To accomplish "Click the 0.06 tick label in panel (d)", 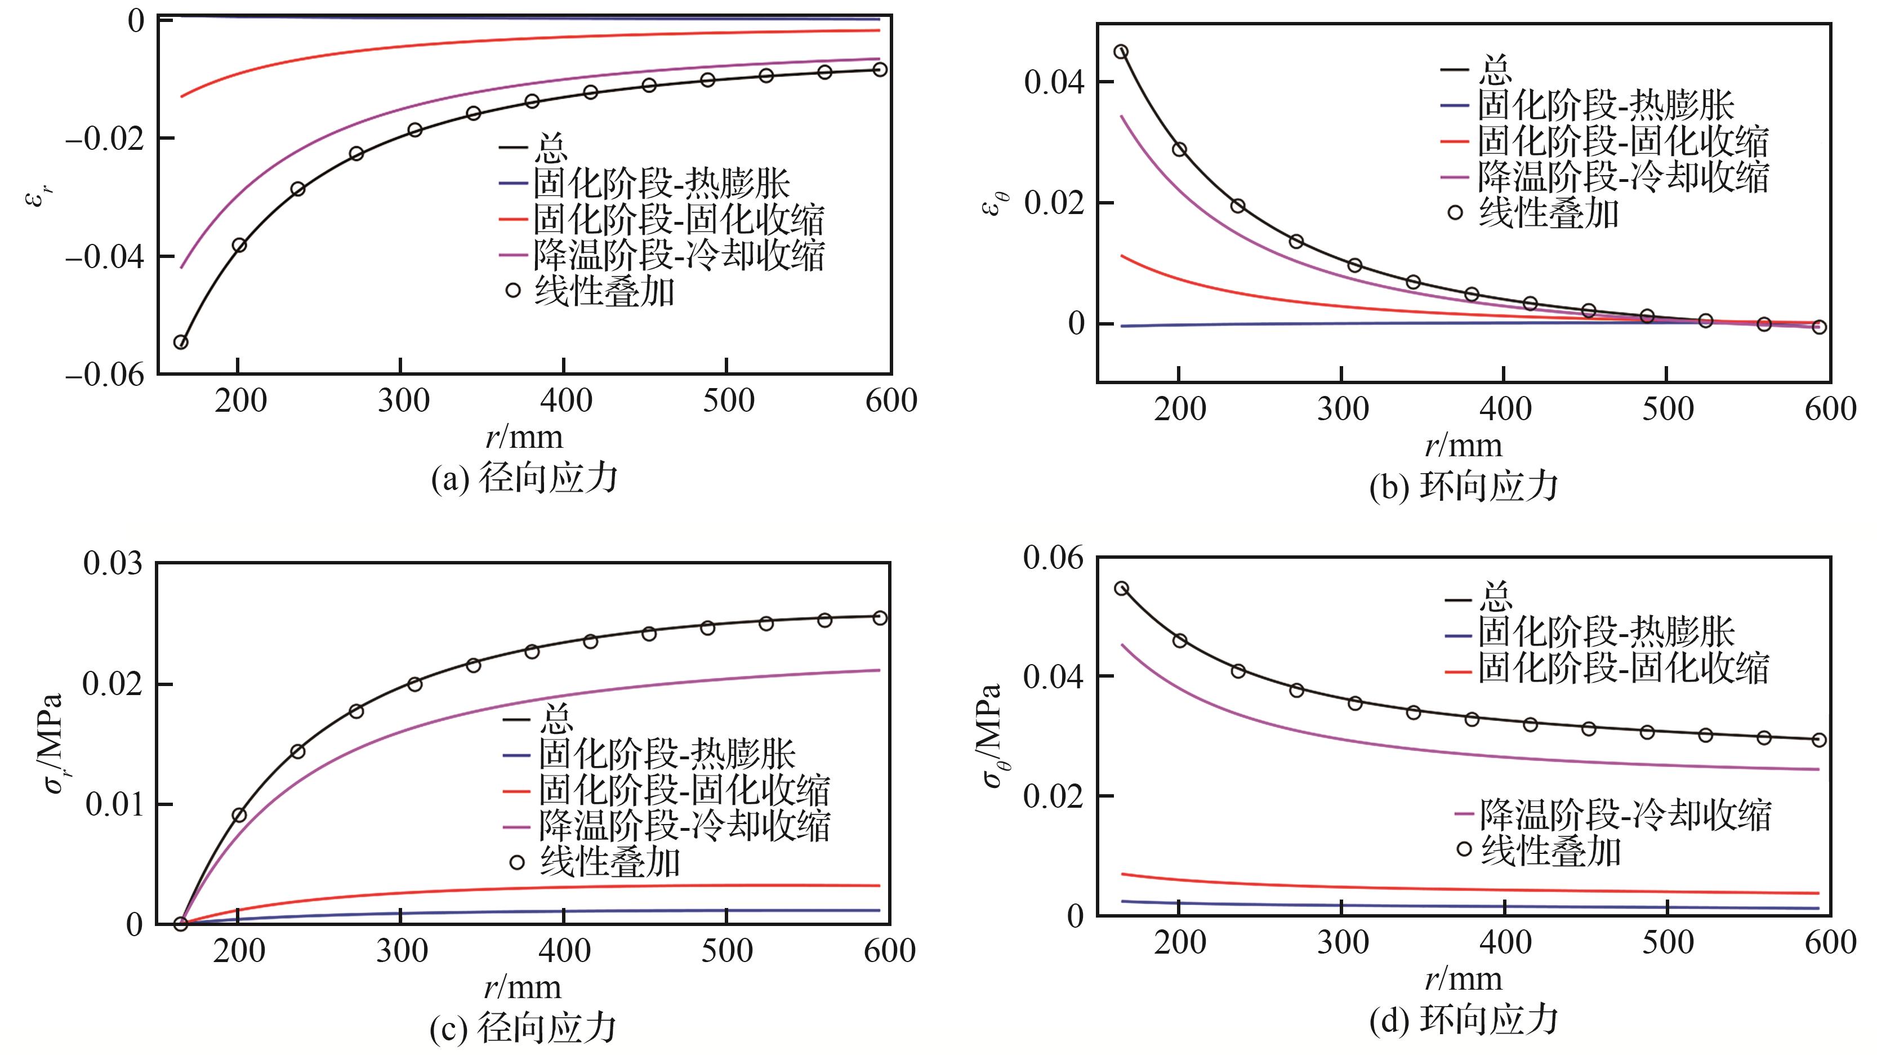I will point(1053,558).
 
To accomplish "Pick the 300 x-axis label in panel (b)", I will point(1342,409).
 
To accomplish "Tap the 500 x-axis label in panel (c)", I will point(726,951).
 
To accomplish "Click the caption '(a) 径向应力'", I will point(525,479).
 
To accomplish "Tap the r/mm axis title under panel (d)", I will point(1463,979).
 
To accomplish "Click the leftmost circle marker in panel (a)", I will point(181,342).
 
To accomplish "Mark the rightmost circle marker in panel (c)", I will point(880,618).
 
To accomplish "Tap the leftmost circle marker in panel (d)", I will point(1121,589).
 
